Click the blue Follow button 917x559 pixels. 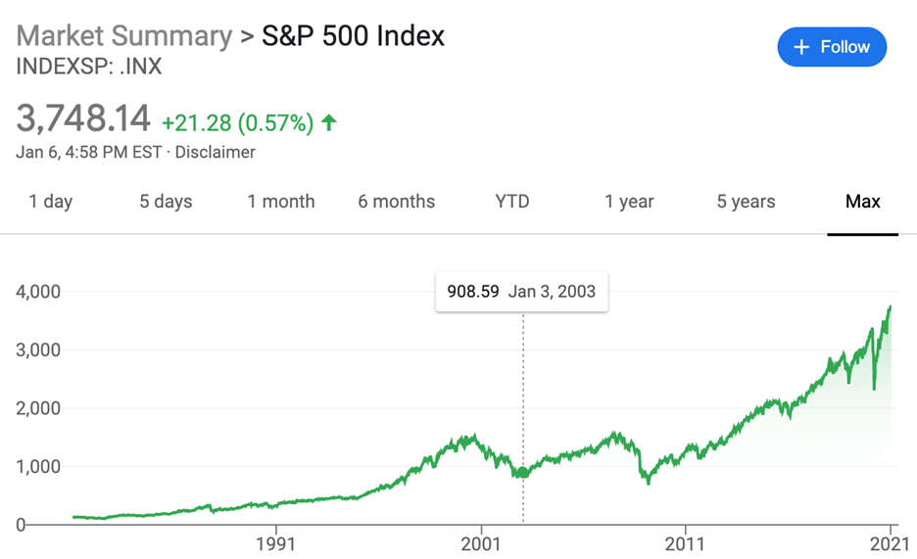(x=831, y=47)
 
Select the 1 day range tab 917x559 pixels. (x=51, y=202)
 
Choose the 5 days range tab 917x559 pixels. (x=166, y=202)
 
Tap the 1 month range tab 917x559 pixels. (x=281, y=202)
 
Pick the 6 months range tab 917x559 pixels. (x=396, y=202)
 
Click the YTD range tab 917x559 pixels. (x=512, y=202)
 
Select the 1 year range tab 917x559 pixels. (x=629, y=202)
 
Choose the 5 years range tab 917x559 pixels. (x=746, y=202)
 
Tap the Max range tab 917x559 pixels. (x=863, y=202)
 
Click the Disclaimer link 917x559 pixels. (x=215, y=152)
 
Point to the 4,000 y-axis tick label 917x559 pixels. (x=38, y=291)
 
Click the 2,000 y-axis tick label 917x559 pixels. (x=38, y=408)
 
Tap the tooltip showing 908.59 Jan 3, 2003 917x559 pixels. (x=521, y=291)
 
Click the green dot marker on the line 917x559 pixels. (x=523, y=473)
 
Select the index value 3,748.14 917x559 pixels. (x=83, y=119)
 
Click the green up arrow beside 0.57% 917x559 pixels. (x=329, y=122)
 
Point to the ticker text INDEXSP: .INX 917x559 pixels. (x=89, y=68)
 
